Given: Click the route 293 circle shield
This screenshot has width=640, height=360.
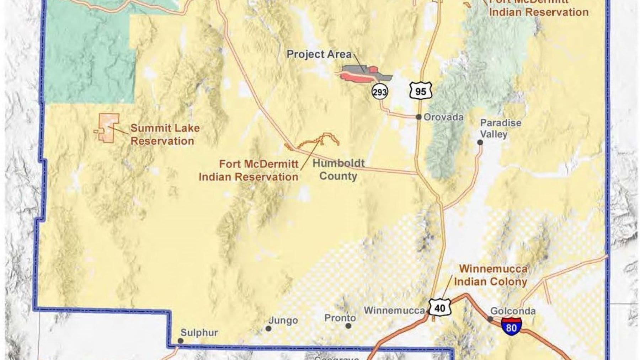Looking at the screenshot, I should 379,92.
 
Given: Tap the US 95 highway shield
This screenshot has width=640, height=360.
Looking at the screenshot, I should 420,91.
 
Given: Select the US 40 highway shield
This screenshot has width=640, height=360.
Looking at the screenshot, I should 439,308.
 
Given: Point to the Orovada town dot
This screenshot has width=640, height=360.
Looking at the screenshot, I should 419,117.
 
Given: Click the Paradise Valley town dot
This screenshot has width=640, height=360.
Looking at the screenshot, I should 480,143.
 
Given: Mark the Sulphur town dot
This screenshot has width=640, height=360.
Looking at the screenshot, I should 181,341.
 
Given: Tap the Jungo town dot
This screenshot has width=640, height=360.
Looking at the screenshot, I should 269,329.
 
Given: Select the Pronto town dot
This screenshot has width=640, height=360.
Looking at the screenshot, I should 348,326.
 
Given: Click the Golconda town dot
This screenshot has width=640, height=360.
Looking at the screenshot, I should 490,319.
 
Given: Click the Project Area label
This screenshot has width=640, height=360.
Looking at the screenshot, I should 319,54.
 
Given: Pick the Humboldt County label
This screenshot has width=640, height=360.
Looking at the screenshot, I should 338,170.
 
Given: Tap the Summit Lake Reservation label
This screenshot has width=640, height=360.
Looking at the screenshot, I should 165,134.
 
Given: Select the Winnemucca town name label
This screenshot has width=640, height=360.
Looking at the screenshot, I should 394,310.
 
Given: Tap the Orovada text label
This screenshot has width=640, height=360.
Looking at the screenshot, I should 443,117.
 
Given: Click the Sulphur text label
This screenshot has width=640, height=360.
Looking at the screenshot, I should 199,333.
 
